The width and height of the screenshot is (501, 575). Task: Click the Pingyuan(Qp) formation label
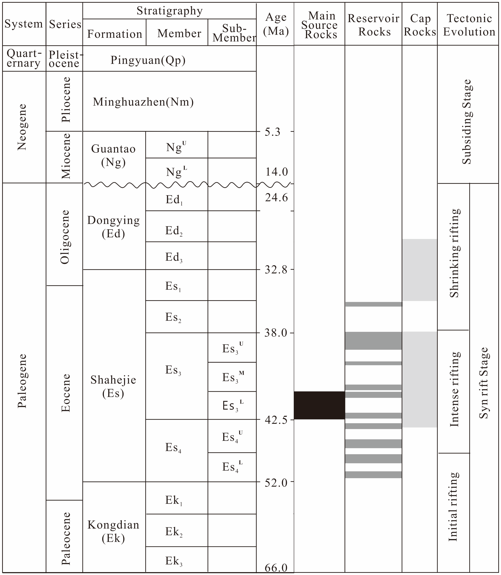[148, 60]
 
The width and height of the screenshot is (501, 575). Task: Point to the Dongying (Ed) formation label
[113, 227]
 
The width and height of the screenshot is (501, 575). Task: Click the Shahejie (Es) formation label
[113, 387]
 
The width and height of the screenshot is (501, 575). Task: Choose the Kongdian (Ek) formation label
[113, 531]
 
